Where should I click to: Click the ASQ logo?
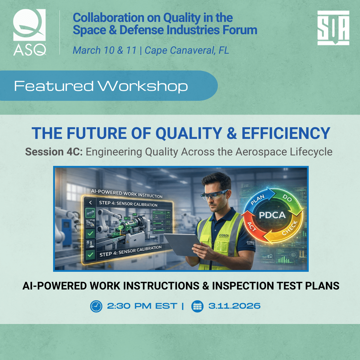point(29,32)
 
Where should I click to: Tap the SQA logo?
point(333,28)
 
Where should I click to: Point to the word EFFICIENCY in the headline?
point(286,133)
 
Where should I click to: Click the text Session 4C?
point(54,152)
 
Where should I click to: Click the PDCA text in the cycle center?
point(272,215)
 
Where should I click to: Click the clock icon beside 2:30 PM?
point(96,306)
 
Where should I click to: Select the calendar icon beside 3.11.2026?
point(197,306)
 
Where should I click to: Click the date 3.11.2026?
point(234,306)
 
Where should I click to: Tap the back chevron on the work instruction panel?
point(90,203)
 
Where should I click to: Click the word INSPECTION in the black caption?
point(242,286)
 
